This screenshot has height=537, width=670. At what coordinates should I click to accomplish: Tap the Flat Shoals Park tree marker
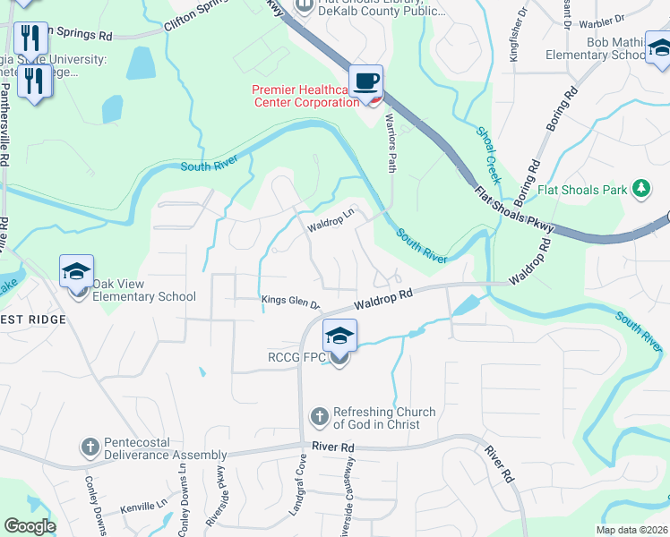pyautogui.click(x=640, y=189)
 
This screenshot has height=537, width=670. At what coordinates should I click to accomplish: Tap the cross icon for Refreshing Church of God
pyautogui.click(x=319, y=416)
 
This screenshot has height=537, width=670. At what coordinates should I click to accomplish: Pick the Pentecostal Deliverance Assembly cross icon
pyautogui.click(x=90, y=446)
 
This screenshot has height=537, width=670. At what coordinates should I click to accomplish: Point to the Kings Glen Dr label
pyautogui.click(x=290, y=302)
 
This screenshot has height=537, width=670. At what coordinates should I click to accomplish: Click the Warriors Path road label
pyautogui.click(x=391, y=143)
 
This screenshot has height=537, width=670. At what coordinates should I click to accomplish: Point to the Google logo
pyautogui.click(x=30, y=526)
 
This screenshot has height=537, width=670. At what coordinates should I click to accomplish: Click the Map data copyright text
pyautogui.click(x=631, y=530)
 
